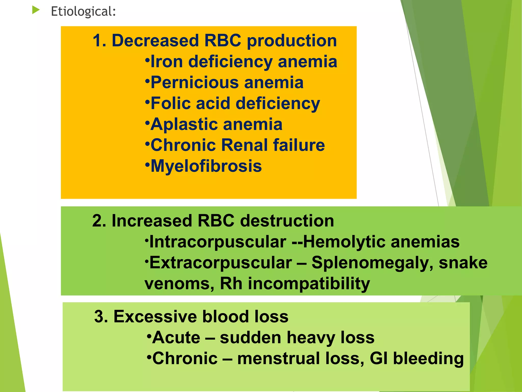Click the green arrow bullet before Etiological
click(x=36, y=10)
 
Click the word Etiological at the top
click(x=83, y=11)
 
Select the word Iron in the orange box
click(x=167, y=62)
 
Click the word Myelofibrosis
click(x=206, y=166)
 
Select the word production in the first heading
click(x=292, y=41)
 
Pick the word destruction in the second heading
click(x=287, y=221)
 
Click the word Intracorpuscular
click(x=218, y=242)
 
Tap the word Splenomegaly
click(x=372, y=263)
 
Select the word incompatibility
click(x=309, y=284)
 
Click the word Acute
click(x=176, y=337)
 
